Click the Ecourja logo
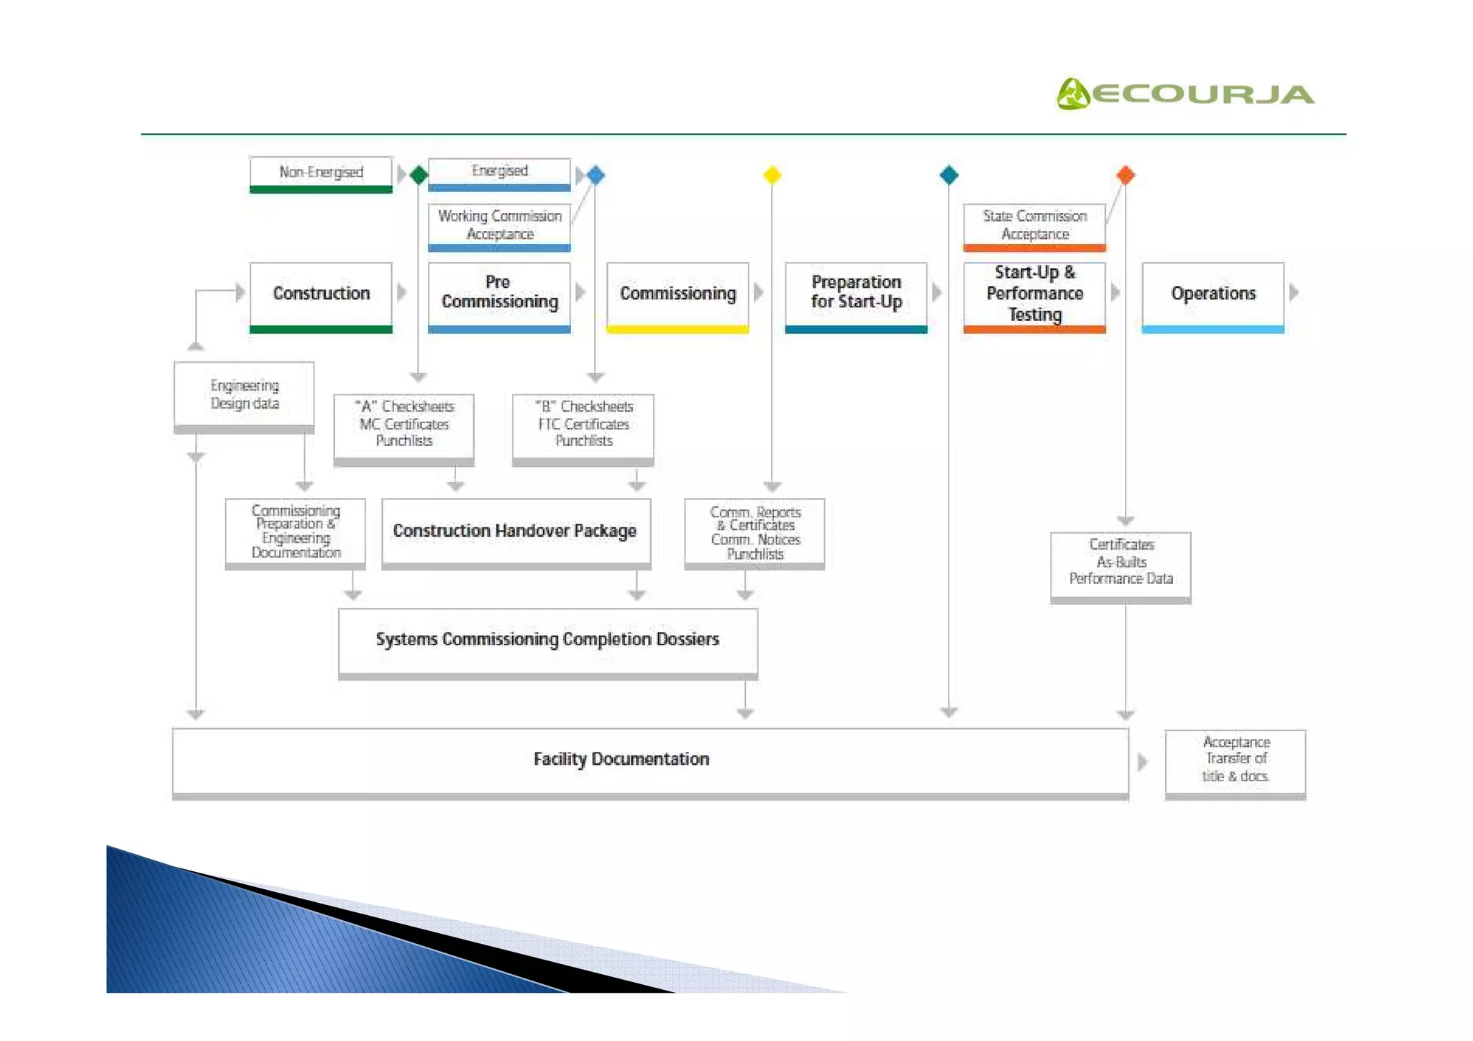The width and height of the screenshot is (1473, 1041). point(1185,94)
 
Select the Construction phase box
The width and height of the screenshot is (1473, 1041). point(321,294)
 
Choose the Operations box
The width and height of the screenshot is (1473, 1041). point(1213,294)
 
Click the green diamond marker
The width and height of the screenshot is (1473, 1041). point(419,175)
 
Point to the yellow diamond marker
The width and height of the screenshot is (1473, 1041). point(772,175)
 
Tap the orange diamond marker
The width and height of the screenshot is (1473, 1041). point(1126,175)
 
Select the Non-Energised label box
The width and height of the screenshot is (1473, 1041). point(321,173)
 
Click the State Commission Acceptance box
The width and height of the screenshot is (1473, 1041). point(1034,225)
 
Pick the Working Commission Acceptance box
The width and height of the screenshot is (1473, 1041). point(499,225)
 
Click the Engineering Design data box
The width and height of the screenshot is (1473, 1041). point(245,395)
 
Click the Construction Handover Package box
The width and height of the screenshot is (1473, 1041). point(516,531)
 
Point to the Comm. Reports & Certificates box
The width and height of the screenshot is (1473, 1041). point(754,532)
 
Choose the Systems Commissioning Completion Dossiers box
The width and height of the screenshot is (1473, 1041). point(547,640)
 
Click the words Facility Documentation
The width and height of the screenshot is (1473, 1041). point(621,760)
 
